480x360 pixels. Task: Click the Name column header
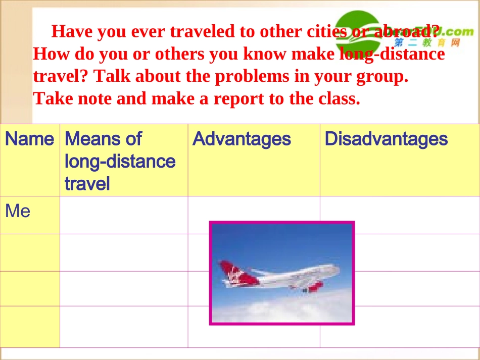(29, 139)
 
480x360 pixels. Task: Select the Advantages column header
(242, 139)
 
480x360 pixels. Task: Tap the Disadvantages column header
(386, 139)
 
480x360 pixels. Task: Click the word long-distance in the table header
(120, 162)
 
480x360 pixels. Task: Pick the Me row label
(18, 211)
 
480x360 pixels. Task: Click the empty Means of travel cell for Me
(124, 215)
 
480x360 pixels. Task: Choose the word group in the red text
(382, 76)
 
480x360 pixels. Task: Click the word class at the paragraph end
(339, 98)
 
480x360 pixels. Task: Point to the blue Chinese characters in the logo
(427, 43)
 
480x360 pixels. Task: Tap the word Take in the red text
(54, 98)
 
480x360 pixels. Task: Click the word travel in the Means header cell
(87, 184)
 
